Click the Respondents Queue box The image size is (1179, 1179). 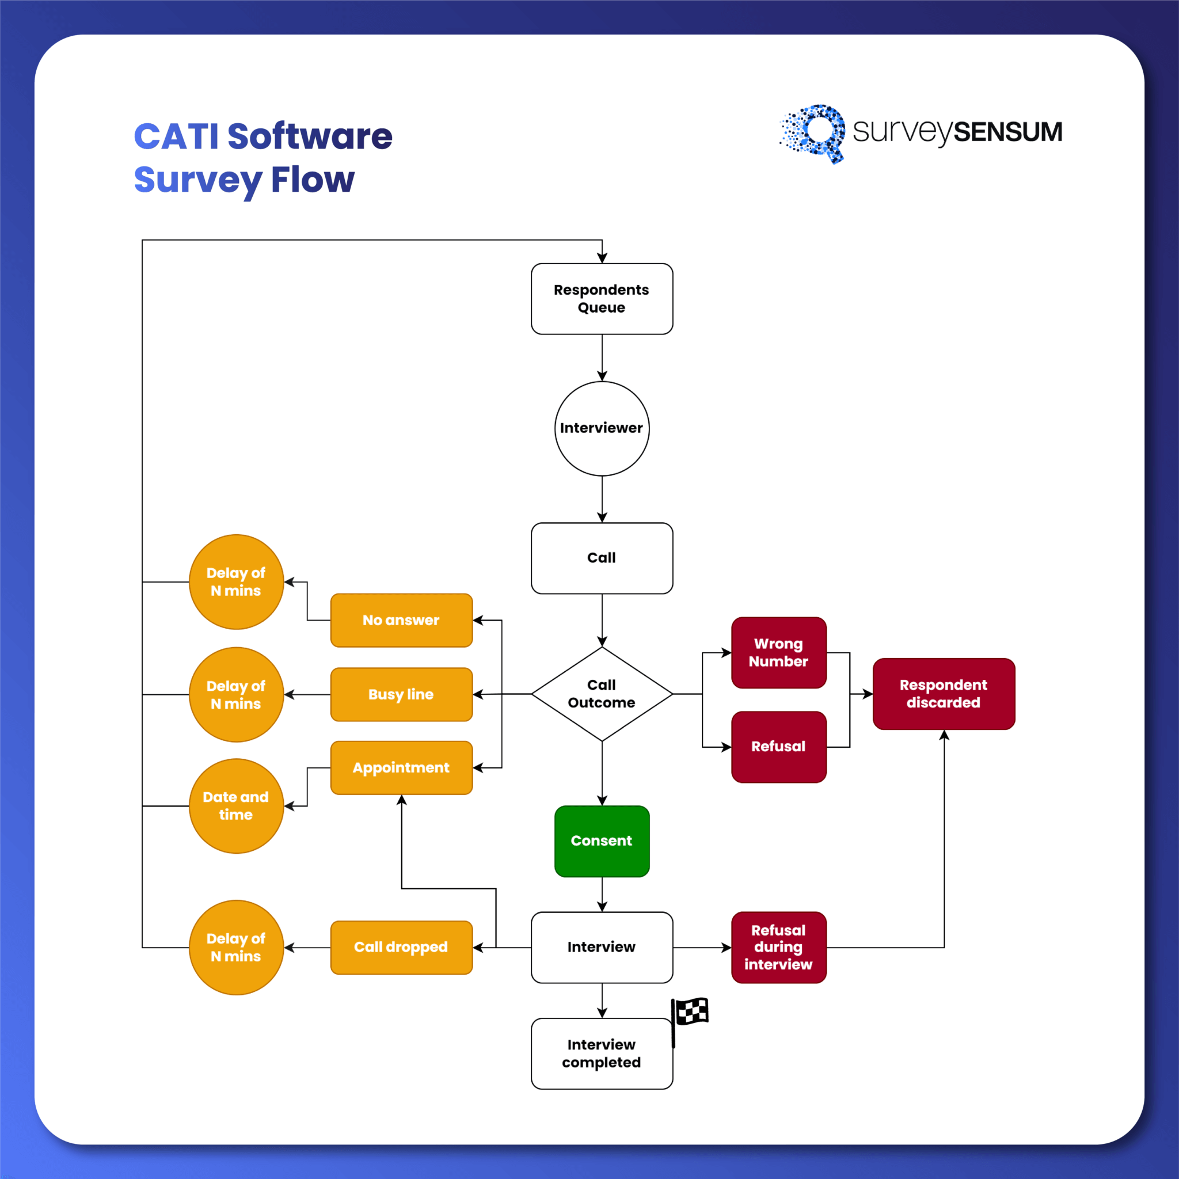click(602, 298)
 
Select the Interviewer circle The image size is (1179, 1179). click(602, 428)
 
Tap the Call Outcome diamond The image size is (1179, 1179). click(602, 694)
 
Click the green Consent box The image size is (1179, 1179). click(602, 841)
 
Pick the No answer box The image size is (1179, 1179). click(401, 620)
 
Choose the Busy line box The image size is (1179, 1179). click(401, 694)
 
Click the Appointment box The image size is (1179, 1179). click(401, 768)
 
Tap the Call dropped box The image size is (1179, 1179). click(401, 947)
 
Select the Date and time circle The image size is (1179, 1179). click(236, 805)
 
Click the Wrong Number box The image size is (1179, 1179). click(779, 652)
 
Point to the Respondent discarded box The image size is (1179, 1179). click(944, 694)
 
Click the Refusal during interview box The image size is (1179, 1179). click(779, 947)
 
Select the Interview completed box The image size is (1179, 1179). click(602, 1054)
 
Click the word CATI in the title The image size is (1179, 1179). click(176, 136)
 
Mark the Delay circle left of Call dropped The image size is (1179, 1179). click(236, 947)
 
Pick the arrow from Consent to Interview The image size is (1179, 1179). click(602, 895)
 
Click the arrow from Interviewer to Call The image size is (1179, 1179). click(602, 499)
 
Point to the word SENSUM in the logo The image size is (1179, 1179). click(1007, 132)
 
